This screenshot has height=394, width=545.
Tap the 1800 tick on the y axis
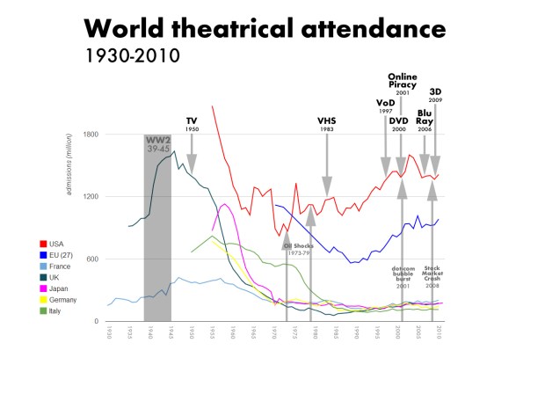click(91, 135)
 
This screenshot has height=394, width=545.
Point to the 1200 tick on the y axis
click(91, 197)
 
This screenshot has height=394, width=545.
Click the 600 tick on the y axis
click(92, 259)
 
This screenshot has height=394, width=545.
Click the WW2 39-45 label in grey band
click(157, 144)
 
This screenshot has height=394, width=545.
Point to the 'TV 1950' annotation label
click(192, 124)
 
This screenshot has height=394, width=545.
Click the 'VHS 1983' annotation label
click(327, 124)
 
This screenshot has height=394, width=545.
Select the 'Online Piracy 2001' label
click(402, 83)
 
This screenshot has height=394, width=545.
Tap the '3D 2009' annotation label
click(435, 95)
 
